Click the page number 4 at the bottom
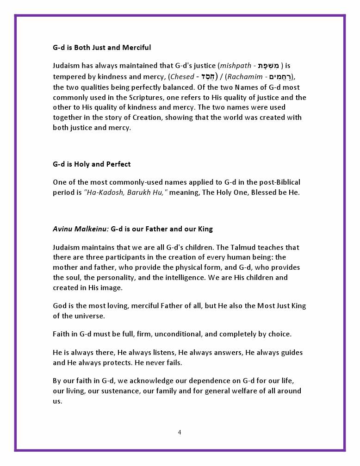(180, 432)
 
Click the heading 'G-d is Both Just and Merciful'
(102, 48)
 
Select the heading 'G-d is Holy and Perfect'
(92, 164)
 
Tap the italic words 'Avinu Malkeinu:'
(81, 229)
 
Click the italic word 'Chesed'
(182, 77)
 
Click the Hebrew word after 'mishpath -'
(266, 66)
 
